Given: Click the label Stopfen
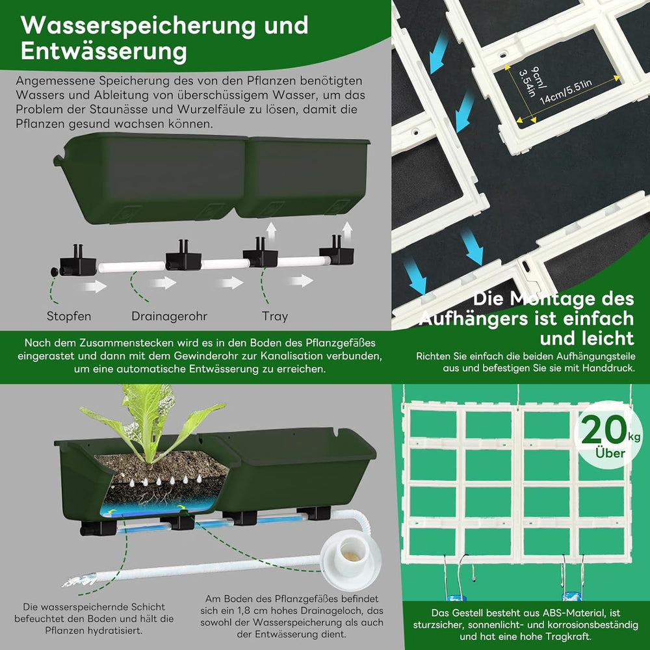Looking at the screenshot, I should (x=68, y=317).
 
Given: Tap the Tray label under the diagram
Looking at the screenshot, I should (x=274, y=317).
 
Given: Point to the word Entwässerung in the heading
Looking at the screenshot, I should (x=104, y=51).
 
